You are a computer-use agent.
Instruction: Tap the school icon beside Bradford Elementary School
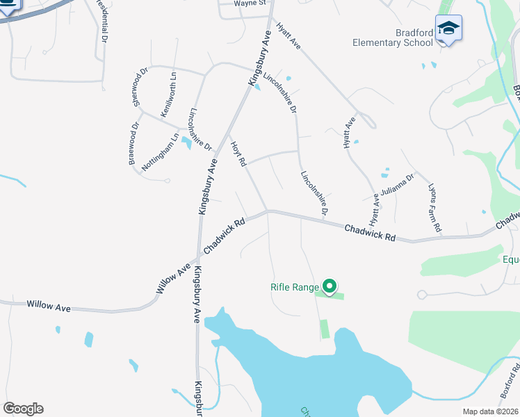(x=448, y=28)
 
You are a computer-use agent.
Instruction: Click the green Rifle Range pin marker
(x=330, y=286)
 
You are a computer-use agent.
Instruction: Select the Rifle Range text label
(x=295, y=286)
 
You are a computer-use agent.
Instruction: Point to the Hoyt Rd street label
(x=239, y=153)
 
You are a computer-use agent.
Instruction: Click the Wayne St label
(x=250, y=3)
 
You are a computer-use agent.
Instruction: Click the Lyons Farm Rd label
(x=434, y=208)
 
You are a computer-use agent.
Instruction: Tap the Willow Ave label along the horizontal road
(x=49, y=305)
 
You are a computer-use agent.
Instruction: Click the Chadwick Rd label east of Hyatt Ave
(x=370, y=232)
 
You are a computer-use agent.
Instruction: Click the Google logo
(x=23, y=409)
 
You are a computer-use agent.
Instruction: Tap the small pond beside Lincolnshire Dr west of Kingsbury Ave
(x=186, y=143)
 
